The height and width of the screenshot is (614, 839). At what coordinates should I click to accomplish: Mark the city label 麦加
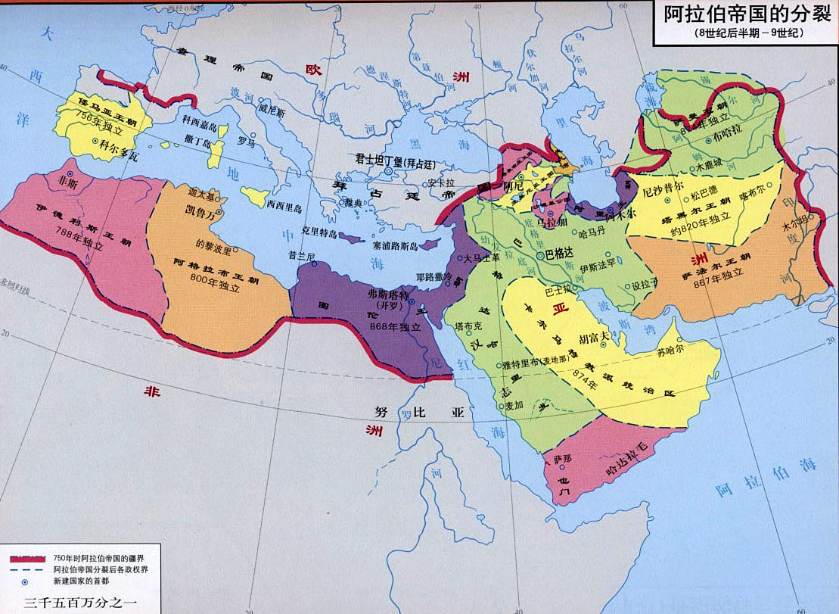click(514, 406)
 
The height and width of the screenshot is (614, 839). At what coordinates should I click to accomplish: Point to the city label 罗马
click(246, 142)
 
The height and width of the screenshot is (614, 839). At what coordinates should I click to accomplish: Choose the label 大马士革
click(484, 258)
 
